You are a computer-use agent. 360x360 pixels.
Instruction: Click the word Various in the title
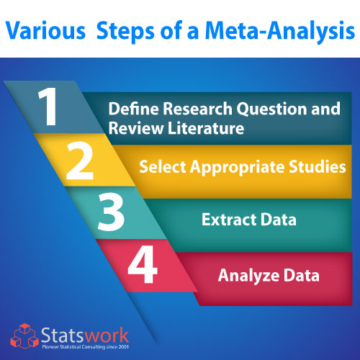(45, 31)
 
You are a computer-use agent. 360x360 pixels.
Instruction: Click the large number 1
(48, 107)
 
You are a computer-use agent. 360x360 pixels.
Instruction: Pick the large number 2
(80, 161)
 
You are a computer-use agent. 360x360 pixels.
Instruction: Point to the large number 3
(111, 212)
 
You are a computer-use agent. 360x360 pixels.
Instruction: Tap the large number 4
(143, 264)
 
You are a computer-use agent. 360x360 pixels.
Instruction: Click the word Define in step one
(134, 109)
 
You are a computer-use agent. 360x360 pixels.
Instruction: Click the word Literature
(206, 128)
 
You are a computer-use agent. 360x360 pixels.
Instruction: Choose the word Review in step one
(136, 128)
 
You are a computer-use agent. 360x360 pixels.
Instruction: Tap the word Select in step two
(163, 166)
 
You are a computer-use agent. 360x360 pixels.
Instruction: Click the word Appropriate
(238, 168)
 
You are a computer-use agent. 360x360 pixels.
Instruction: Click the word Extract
(229, 220)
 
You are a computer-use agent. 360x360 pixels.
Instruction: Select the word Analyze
(248, 276)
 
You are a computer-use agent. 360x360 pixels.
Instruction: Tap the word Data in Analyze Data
(302, 275)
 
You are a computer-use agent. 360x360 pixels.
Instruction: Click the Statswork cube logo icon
(24, 336)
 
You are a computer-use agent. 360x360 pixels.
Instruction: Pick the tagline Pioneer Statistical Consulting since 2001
(85, 347)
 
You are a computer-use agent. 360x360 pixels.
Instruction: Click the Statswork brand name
(85, 336)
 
